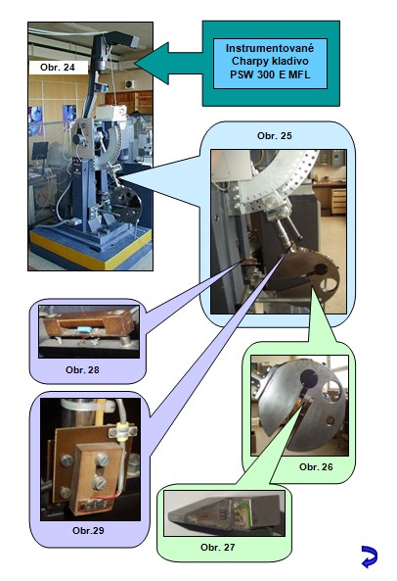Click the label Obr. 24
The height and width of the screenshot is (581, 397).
[x=58, y=68]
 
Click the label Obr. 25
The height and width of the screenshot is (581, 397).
[x=274, y=136]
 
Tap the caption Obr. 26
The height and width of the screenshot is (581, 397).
[x=316, y=467]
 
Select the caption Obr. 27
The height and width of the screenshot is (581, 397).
[x=217, y=547]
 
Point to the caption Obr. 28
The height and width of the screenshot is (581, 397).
[x=82, y=369]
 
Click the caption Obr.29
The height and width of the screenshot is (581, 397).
[x=88, y=530]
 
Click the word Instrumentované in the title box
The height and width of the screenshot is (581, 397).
[x=270, y=48]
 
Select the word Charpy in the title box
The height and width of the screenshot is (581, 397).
[x=246, y=62]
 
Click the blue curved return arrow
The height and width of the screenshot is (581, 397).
[x=370, y=557]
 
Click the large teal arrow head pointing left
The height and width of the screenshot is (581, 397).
[x=153, y=63]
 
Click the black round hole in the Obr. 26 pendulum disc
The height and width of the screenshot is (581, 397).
[x=309, y=378]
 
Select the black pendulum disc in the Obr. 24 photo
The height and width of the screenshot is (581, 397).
[x=127, y=205]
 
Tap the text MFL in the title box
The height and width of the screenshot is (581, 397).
[x=299, y=74]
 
